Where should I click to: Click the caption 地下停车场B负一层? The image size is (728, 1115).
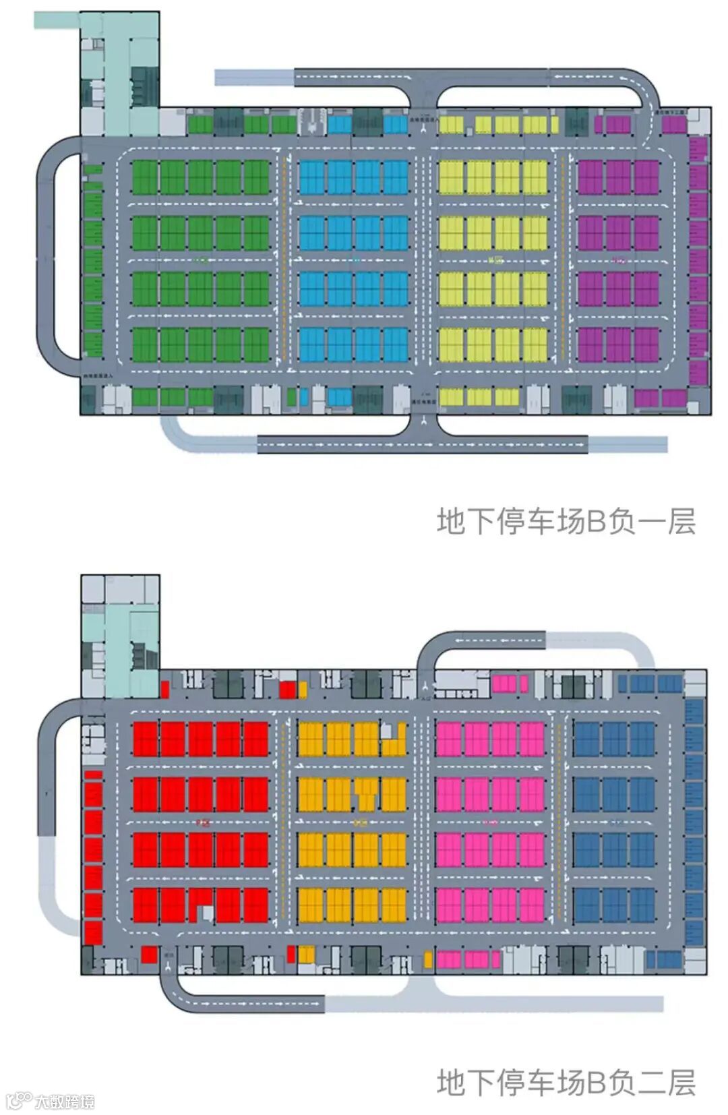[566, 522]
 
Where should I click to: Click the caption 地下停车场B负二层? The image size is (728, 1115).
[566, 1083]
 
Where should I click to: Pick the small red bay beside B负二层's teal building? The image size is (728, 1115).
[164, 689]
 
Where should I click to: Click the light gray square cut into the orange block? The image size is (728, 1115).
[386, 729]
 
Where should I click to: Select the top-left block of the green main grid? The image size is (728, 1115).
[144, 177]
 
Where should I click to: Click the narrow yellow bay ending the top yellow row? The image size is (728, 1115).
[555, 125]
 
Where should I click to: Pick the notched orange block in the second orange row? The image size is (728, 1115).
[367, 794]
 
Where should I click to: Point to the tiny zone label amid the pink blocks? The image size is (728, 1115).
[491, 822]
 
